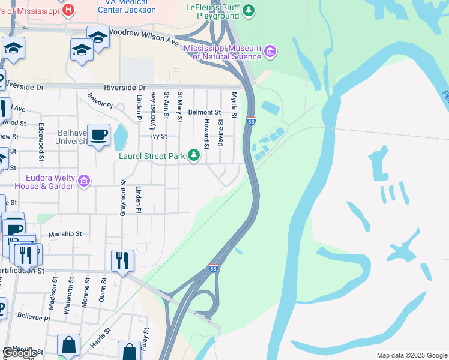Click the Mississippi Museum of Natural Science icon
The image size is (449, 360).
[x=270, y=52]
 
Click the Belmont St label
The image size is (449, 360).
[x=204, y=112]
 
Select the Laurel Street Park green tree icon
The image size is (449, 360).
[x=193, y=155]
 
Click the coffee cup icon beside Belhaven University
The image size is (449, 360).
[x=98, y=134]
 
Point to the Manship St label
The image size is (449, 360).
[x=65, y=234]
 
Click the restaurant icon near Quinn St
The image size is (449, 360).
[x=122, y=260]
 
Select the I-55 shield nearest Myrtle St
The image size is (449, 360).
[x=251, y=122]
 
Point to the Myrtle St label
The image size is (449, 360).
[x=234, y=105]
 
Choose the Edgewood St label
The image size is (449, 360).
[x=41, y=142]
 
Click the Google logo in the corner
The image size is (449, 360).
[x=20, y=353]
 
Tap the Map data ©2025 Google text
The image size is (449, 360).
[x=411, y=355]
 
